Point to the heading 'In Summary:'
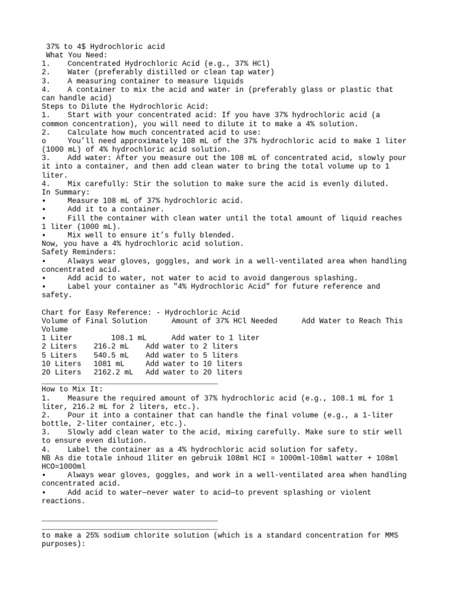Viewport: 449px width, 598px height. click(x=65, y=192)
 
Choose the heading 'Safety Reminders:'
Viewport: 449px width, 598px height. click(x=78, y=252)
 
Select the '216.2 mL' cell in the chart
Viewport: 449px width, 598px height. click(x=112, y=346)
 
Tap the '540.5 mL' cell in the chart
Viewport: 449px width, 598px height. click(x=112, y=355)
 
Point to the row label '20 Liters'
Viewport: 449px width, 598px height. click(x=61, y=372)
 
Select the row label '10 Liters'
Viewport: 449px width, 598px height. click(x=61, y=363)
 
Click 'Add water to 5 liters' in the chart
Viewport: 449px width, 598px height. click(x=192, y=355)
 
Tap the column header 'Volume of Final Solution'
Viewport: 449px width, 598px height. click(x=95, y=321)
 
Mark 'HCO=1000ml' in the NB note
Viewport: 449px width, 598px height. click(x=63, y=467)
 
